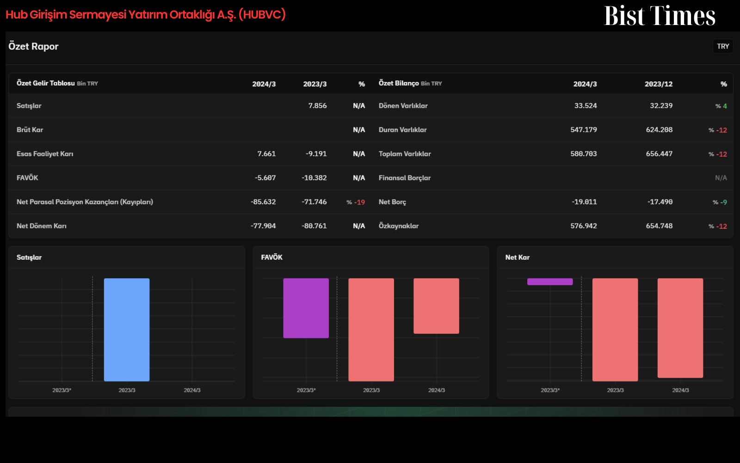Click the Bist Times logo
(660, 16)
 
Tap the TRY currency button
(723, 46)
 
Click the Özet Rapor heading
(33, 46)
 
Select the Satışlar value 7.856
(317, 106)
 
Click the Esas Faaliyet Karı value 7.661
(266, 154)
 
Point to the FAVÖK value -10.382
(314, 178)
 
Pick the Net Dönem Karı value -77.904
(263, 226)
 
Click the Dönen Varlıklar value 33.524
(586, 106)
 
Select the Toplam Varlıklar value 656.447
(659, 154)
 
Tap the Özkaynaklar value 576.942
(583, 226)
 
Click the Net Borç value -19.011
(584, 202)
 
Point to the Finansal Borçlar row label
(404, 178)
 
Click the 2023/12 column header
(659, 84)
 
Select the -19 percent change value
(359, 202)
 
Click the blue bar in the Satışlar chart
(127, 330)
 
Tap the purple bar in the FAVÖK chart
(306, 308)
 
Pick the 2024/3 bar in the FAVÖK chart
(436, 306)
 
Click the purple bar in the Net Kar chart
(550, 282)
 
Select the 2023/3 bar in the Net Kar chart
(615, 330)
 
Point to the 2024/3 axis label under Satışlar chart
(192, 390)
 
